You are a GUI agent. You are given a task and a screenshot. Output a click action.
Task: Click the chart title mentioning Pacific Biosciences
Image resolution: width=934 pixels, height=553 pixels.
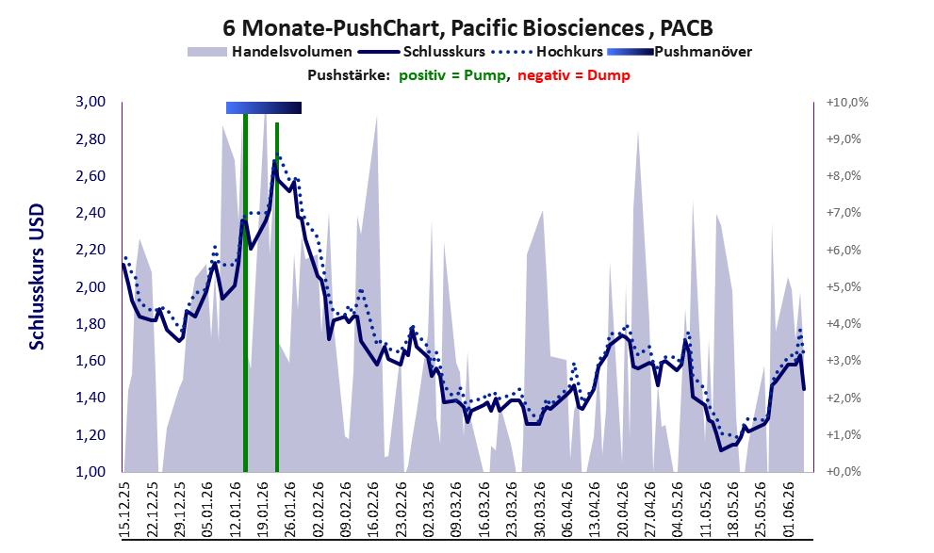[x=467, y=27]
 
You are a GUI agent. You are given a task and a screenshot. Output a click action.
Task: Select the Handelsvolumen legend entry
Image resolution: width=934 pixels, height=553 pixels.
[x=270, y=52]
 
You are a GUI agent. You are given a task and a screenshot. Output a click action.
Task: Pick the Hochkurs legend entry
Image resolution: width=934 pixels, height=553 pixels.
[x=548, y=52]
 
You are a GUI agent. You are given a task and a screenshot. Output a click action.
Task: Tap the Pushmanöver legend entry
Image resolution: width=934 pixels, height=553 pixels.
[x=680, y=52]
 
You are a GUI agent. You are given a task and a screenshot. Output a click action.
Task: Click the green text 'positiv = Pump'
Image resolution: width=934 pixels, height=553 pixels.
[x=452, y=75]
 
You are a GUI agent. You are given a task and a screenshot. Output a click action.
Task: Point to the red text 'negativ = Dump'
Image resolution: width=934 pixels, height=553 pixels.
[x=574, y=75]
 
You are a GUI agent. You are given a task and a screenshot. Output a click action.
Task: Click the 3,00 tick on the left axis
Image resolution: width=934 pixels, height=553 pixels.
[x=90, y=102]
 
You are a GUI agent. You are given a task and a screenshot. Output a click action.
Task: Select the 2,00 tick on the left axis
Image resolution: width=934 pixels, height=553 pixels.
[x=90, y=287]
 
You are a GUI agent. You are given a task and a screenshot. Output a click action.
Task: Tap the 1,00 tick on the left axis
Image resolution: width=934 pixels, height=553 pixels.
[x=90, y=471]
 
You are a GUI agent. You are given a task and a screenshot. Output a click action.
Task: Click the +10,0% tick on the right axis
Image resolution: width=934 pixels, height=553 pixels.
[x=847, y=103]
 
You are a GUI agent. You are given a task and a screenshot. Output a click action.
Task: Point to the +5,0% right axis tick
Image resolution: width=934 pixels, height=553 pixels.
[x=844, y=287]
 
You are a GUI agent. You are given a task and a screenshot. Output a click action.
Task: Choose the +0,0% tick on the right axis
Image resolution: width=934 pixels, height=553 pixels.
[x=844, y=471]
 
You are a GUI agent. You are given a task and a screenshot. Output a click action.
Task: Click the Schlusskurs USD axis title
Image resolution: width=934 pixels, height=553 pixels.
[x=37, y=276]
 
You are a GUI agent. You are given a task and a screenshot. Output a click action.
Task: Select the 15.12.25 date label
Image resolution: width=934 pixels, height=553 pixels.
[x=125, y=510]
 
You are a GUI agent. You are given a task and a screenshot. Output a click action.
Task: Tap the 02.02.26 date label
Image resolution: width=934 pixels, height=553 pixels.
[x=318, y=510]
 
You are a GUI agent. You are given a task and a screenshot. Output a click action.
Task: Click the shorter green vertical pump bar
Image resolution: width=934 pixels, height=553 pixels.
[x=277, y=297]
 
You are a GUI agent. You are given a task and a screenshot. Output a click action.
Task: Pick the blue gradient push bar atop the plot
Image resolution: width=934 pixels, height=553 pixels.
[x=264, y=107]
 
